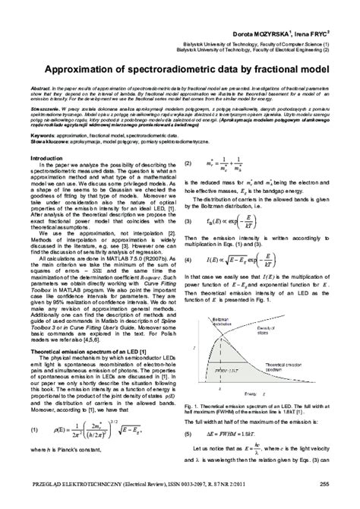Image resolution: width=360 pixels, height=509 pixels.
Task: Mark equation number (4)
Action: tap(190, 281)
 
